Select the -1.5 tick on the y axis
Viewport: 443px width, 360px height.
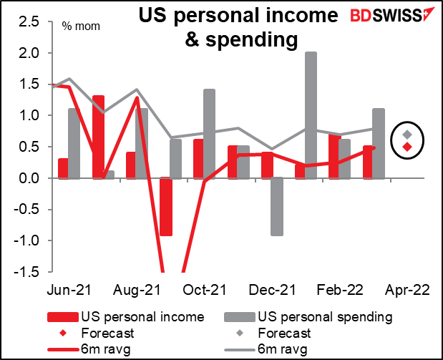click(29, 271)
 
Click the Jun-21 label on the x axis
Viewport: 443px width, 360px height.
click(64, 291)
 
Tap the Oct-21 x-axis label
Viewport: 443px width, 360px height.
click(204, 291)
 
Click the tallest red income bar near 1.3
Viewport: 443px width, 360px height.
click(98, 136)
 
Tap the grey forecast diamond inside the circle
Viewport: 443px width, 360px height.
click(407, 135)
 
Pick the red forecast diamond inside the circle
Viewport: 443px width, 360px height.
click(407, 147)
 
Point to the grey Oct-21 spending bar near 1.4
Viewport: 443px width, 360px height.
click(209, 133)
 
